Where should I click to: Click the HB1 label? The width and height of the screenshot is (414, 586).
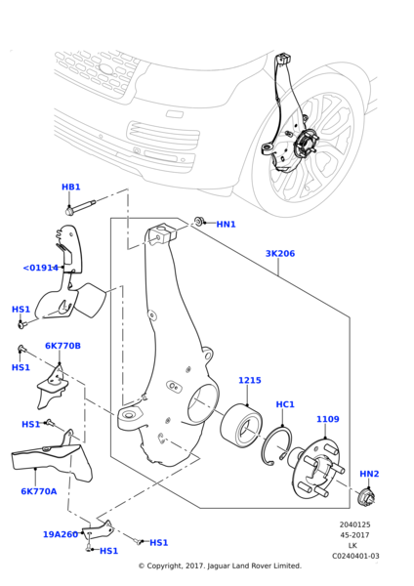(x=71, y=187)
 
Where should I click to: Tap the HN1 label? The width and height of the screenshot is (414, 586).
(x=226, y=225)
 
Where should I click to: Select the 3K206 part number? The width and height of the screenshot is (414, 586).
(x=279, y=254)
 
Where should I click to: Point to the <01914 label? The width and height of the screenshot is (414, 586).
(x=41, y=268)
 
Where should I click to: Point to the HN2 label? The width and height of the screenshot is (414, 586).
(x=369, y=474)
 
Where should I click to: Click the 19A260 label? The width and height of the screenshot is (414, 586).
(x=61, y=534)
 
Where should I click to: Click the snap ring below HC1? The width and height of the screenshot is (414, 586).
(x=277, y=445)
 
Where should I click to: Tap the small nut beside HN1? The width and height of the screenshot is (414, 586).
(x=199, y=222)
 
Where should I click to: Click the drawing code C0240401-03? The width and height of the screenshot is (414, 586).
(x=354, y=556)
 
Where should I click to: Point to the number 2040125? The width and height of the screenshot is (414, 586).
(x=354, y=524)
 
